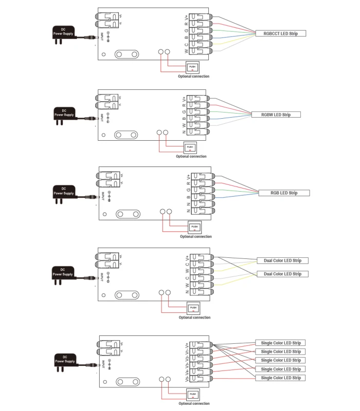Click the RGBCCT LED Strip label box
[281, 33]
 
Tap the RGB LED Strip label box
[284, 193]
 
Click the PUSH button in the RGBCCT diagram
[192, 67]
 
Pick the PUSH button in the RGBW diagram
[190, 147]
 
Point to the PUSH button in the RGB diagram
[194, 227]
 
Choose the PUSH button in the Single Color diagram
[193, 395]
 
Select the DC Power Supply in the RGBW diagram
[64, 114]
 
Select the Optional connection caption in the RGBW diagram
[191, 156]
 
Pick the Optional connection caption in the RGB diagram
[195, 237]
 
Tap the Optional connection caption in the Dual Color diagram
[194, 317]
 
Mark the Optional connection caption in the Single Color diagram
[194, 404]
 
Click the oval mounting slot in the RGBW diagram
[126, 135]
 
